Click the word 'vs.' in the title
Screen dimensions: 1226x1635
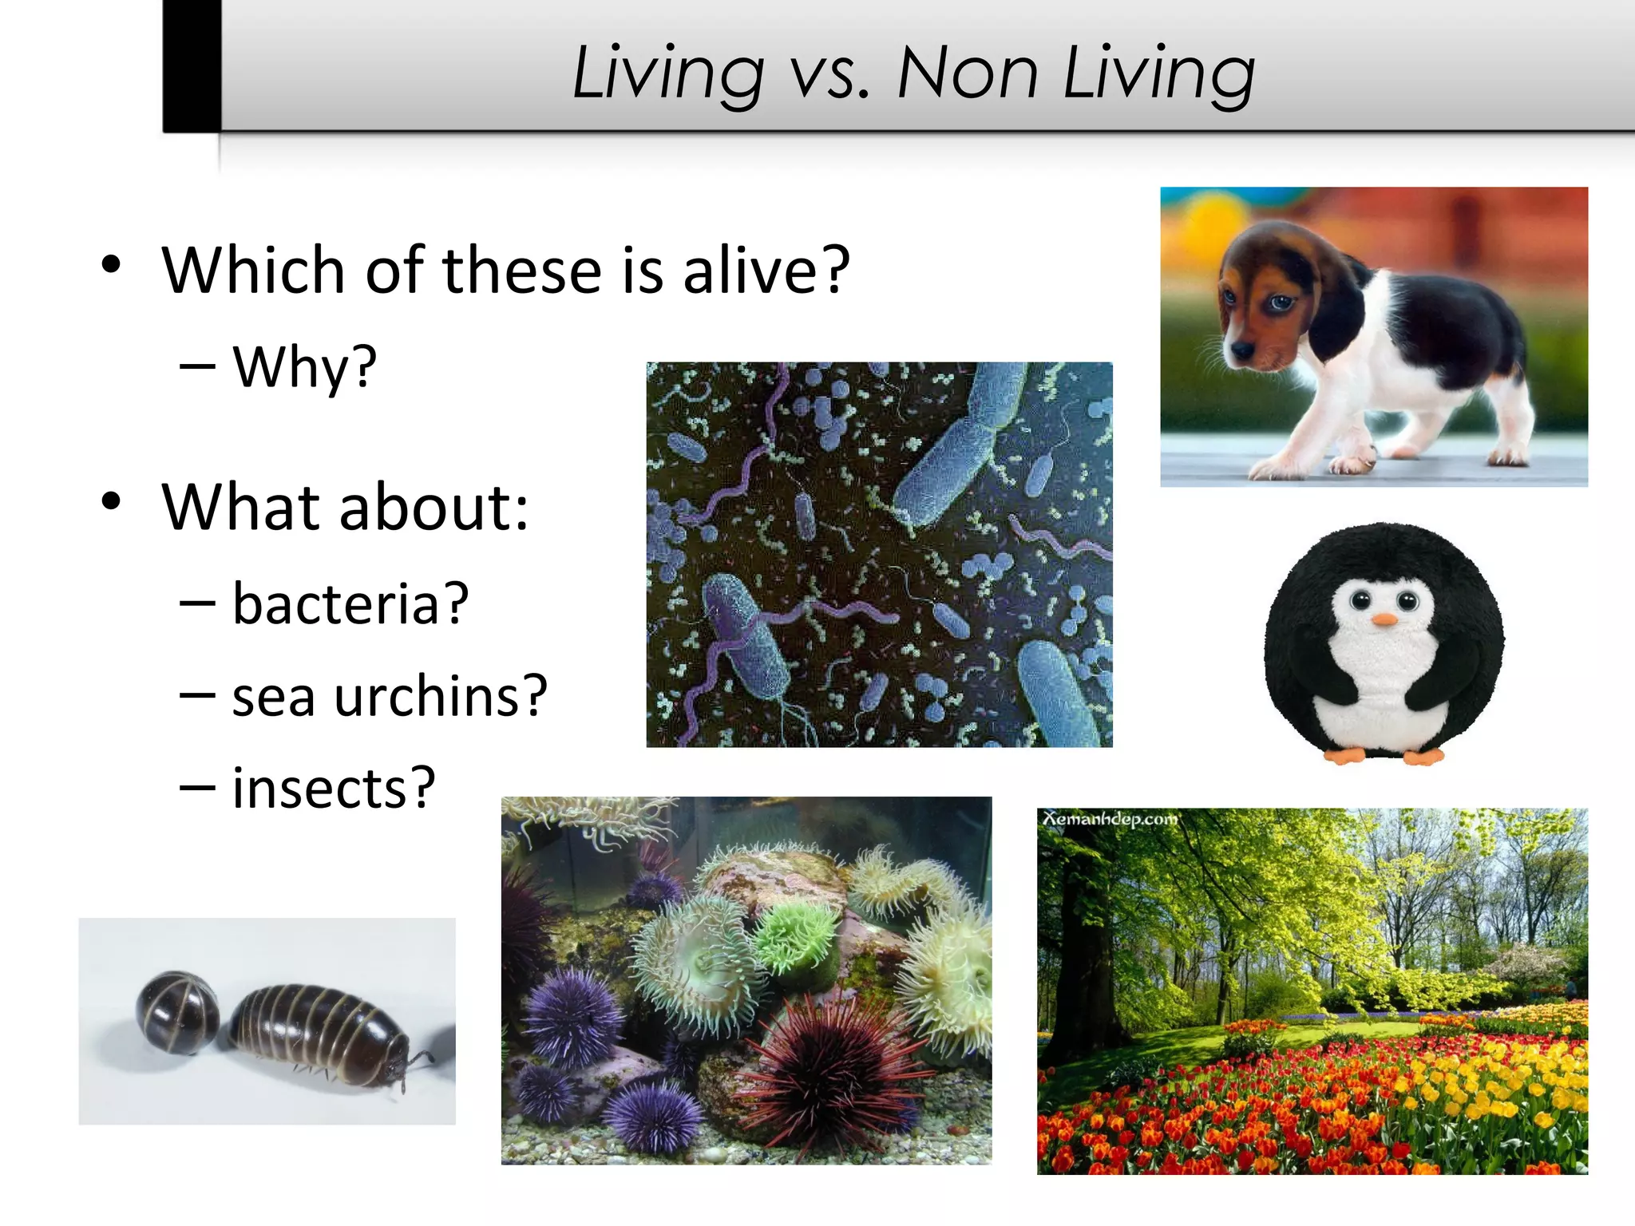(829, 73)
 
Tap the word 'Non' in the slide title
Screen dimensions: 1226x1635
(967, 73)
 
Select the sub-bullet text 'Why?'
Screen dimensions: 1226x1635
(304, 367)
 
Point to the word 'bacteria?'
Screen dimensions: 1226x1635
(350, 603)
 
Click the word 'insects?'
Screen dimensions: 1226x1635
(334, 789)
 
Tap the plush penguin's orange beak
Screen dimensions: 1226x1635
(1384, 619)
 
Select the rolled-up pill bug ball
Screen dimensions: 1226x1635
(177, 1012)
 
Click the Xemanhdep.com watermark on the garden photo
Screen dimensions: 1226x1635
(1110, 820)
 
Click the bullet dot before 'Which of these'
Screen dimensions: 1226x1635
(111, 264)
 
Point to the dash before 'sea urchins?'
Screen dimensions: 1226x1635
(197, 696)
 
